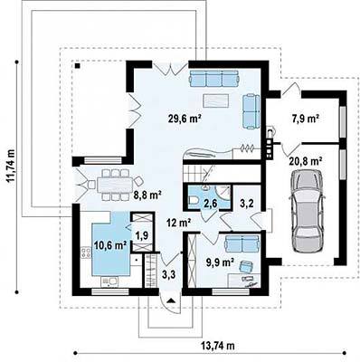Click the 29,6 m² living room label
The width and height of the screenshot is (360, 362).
(x=185, y=119)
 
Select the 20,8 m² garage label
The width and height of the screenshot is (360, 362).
(x=306, y=161)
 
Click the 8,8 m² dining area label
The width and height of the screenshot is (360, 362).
(x=147, y=195)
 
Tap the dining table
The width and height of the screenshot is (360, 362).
(x=115, y=184)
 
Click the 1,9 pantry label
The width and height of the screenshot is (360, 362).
(x=142, y=235)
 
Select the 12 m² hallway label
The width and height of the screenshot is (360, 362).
(x=179, y=224)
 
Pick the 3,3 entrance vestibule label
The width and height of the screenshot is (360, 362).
(x=168, y=274)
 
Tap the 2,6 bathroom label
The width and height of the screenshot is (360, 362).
(x=210, y=204)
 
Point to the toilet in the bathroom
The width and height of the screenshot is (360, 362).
(x=194, y=200)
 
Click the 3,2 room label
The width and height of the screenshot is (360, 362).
(x=246, y=204)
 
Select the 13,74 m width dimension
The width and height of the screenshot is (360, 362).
(x=218, y=345)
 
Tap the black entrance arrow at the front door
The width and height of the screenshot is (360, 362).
(x=171, y=300)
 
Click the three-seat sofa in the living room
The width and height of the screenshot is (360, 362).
(x=214, y=79)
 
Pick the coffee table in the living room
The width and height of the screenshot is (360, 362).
(x=216, y=100)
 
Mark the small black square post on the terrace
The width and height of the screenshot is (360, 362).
(x=78, y=65)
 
